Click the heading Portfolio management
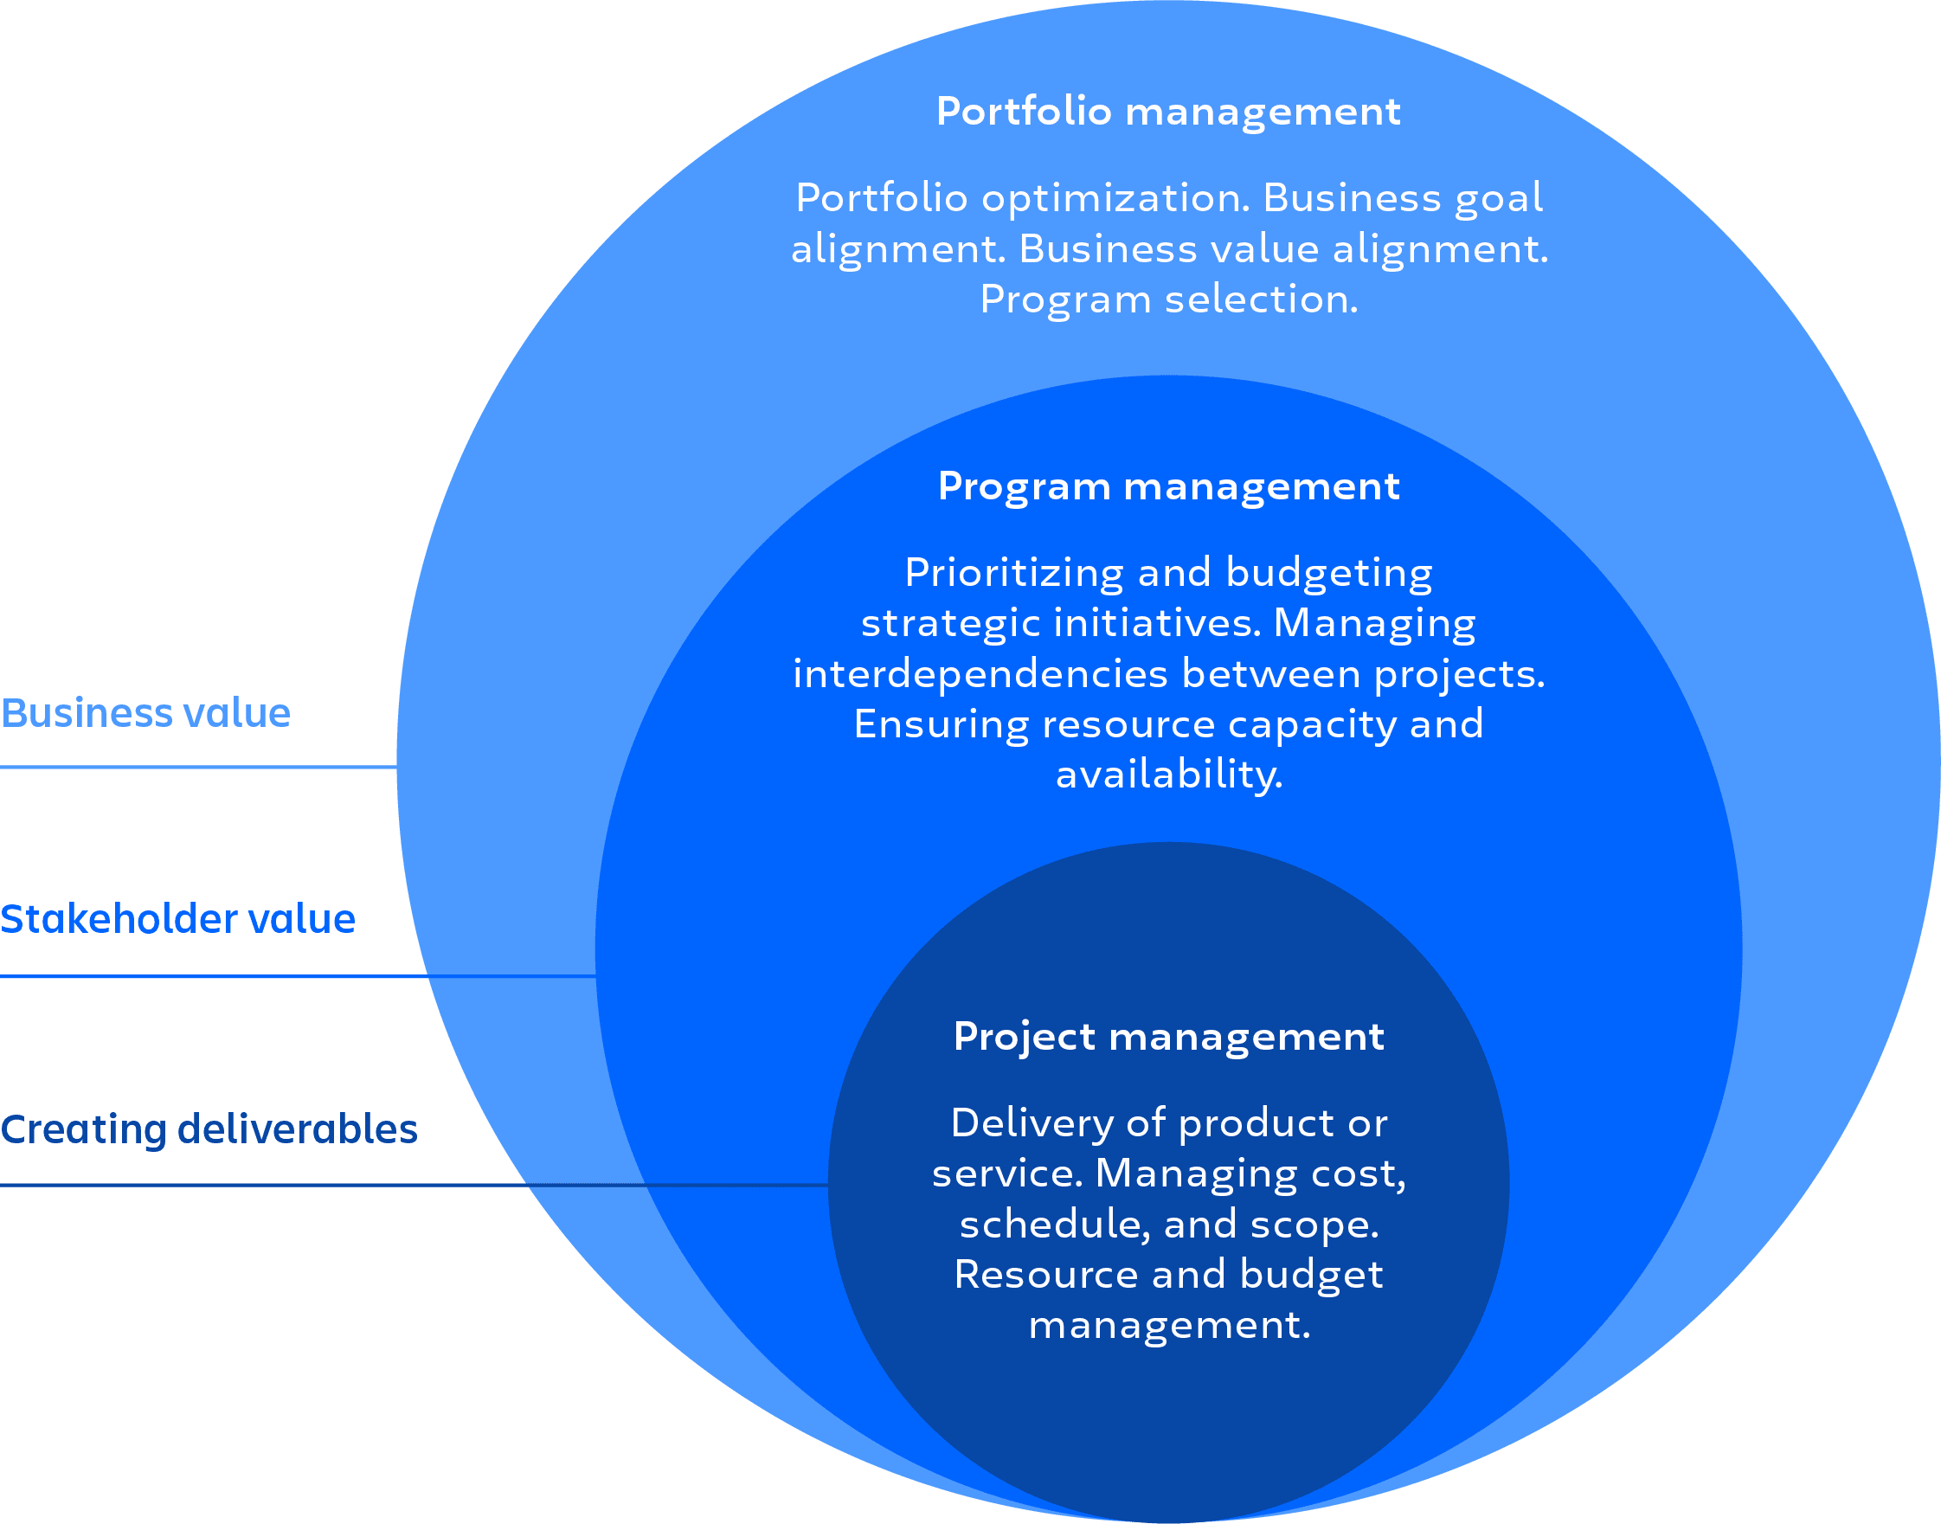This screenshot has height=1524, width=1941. click(1167, 112)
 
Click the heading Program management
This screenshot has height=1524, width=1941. click(1168, 487)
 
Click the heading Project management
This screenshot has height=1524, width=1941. click(1168, 1037)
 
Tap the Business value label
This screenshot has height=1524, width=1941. click(145, 713)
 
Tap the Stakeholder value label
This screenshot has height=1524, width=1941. click(177, 919)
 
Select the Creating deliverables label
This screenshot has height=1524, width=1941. click(209, 1129)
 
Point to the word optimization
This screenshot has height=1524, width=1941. click(1115, 198)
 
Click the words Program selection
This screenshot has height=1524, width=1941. click(1168, 299)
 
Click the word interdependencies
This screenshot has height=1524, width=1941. click(980, 673)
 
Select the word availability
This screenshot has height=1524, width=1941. click(1168, 775)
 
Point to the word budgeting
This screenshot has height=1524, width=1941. click(1329, 573)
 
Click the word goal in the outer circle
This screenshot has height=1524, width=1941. click(1499, 198)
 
